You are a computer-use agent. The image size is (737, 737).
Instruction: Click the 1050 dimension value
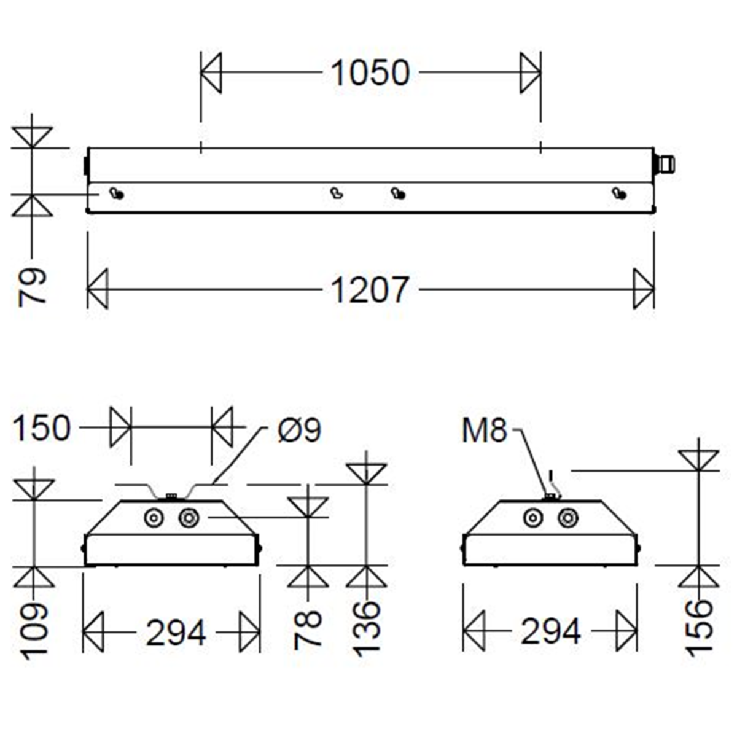[x=370, y=72]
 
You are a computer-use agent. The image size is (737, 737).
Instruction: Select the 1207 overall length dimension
[x=370, y=289]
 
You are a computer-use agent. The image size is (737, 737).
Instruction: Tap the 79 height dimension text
[x=33, y=286]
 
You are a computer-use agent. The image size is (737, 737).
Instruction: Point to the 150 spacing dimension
[x=42, y=428]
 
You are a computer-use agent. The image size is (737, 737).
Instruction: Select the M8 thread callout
[x=485, y=431]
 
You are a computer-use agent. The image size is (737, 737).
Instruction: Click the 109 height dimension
[x=34, y=631]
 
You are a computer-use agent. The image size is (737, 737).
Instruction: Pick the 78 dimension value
[x=308, y=630]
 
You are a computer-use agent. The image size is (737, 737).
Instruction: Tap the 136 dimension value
[x=367, y=629]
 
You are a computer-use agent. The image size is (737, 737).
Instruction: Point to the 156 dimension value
[x=699, y=629]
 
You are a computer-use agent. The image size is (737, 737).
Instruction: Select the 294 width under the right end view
[x=551, y=631]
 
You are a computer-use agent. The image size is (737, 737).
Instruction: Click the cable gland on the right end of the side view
[x=665, y=164]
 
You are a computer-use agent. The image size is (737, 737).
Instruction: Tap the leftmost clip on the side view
[x=116, y=194]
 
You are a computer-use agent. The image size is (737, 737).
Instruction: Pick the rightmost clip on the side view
[x=619, y=194]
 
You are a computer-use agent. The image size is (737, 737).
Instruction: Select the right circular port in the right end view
[x=567, y=518]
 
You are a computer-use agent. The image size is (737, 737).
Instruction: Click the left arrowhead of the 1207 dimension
[x=98, y=289]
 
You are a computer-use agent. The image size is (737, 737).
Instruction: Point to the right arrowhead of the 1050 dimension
[x=530, y=72]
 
